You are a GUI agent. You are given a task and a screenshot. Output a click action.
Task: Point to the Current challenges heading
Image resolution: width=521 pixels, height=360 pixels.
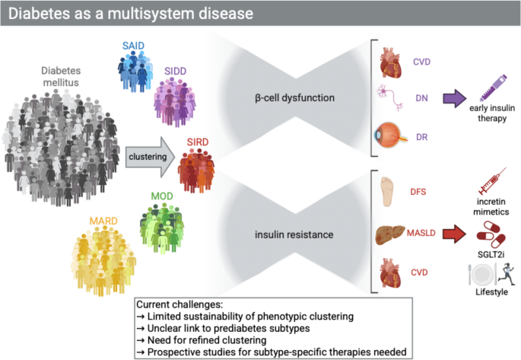[179, 303]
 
